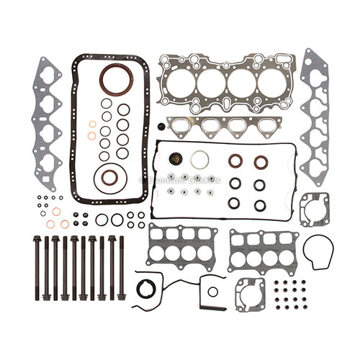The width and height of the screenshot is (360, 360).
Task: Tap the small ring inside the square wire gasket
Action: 213,291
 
